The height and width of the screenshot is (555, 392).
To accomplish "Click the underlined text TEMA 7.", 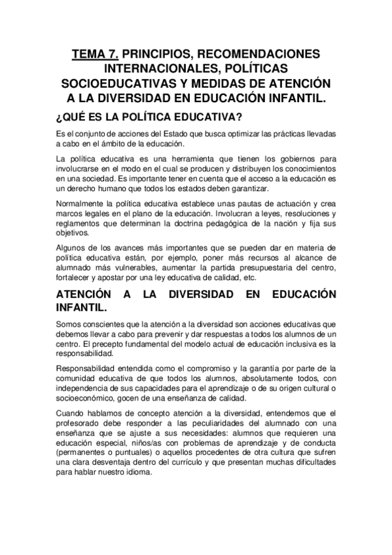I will [96, 54].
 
